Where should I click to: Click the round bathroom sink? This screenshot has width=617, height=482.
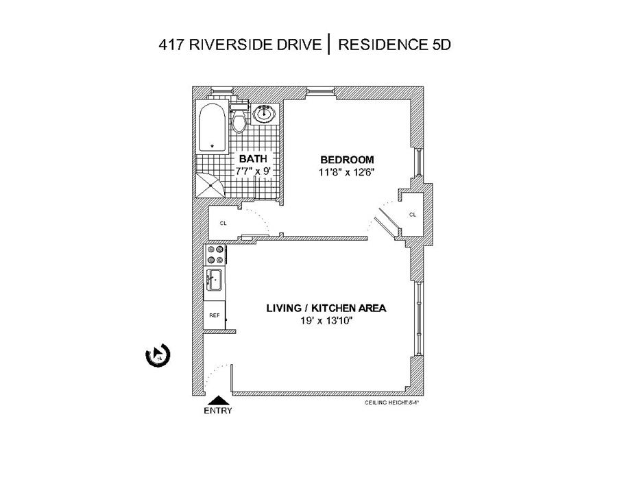pos(264,115)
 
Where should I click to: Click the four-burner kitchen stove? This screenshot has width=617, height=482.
pos(215,255)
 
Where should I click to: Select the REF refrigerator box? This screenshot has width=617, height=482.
pos(215,315)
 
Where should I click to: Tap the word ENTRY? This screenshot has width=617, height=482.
pos(218,411)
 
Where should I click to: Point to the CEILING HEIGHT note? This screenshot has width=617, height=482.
pos(394,404)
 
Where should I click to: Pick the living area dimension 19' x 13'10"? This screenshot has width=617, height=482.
pos(326,320)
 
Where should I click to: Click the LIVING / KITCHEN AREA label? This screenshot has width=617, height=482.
pos(326,308)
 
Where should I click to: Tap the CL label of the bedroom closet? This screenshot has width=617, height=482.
pos(413,215)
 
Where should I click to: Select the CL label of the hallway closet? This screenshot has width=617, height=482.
pos(223,224)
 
